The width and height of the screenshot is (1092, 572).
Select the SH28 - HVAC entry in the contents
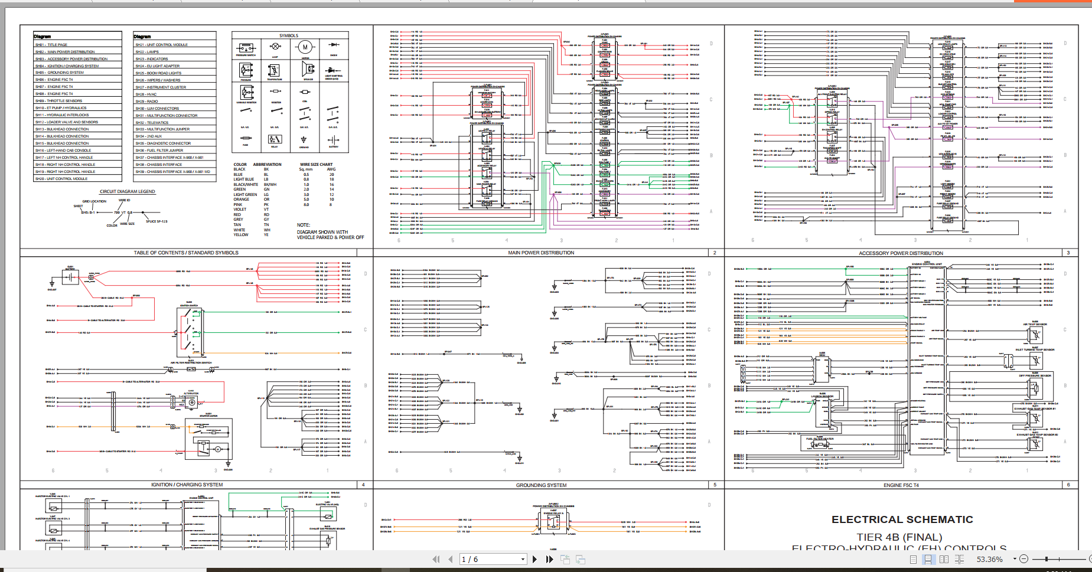pos(146,94)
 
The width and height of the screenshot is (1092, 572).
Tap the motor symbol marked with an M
pos(305,47)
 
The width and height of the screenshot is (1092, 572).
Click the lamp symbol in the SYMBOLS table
pos(275,47)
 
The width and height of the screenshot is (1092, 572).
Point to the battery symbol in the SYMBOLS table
pos(333,140)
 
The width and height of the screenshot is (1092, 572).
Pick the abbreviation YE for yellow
pos(266,235)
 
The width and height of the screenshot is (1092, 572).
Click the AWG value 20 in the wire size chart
pos(331,175)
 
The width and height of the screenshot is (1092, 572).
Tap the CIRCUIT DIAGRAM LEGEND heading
pos(127,191)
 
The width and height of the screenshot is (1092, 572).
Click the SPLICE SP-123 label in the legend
pos(157,221)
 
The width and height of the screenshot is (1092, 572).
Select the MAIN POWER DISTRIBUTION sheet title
pos(541,253)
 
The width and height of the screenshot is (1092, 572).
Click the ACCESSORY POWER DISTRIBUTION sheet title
pos(901,253)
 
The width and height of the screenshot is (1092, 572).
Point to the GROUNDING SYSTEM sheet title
pos(541,485)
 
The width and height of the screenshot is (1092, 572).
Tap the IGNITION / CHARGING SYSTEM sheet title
pos(187,485)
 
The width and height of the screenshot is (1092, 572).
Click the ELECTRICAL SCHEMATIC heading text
pos(902,519)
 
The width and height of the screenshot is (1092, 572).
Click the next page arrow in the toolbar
pos(534,559)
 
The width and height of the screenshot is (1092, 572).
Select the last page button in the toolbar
pos(549,559)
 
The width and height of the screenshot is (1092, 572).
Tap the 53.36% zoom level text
pos(989,559)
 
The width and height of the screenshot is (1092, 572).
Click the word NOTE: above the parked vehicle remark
pos(304,225)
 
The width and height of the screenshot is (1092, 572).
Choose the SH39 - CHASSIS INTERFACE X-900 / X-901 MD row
pos(172,172)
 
